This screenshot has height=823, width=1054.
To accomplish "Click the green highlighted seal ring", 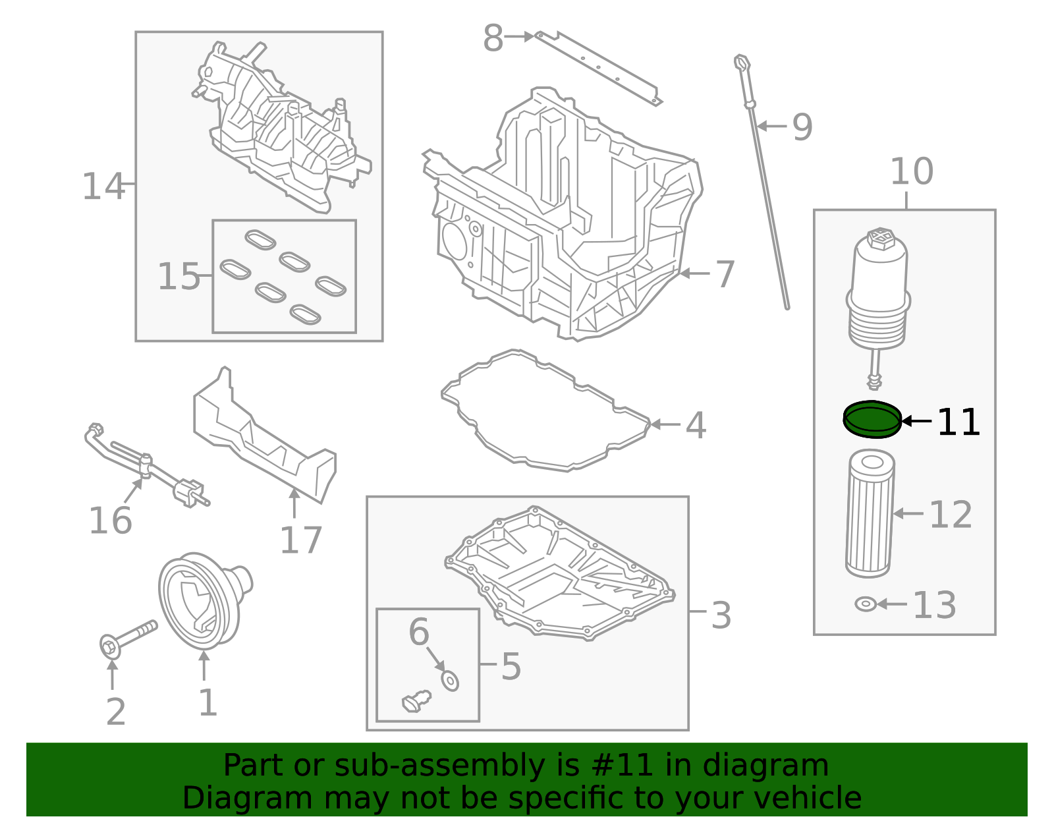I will coord(872,419).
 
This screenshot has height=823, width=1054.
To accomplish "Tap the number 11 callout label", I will coord(958,422).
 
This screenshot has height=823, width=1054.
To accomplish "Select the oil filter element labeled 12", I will coord(870,513).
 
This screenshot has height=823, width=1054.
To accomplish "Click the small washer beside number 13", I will coord(865,604).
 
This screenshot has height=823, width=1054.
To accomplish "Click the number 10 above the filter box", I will coord(912,172).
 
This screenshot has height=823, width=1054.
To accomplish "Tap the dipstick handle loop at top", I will coord(742,63).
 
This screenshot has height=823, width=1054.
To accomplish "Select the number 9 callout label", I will coord(802,127).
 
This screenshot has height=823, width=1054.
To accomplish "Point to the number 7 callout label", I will coord(725,274).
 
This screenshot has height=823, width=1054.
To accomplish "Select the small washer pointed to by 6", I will coord(450,681).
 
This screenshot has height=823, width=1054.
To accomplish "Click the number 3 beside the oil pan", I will coord(721,615).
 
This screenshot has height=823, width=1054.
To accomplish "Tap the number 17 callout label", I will coord(300,540).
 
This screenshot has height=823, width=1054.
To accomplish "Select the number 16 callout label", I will coord(111,521).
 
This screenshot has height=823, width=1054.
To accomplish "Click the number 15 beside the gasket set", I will coord(179,277).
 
